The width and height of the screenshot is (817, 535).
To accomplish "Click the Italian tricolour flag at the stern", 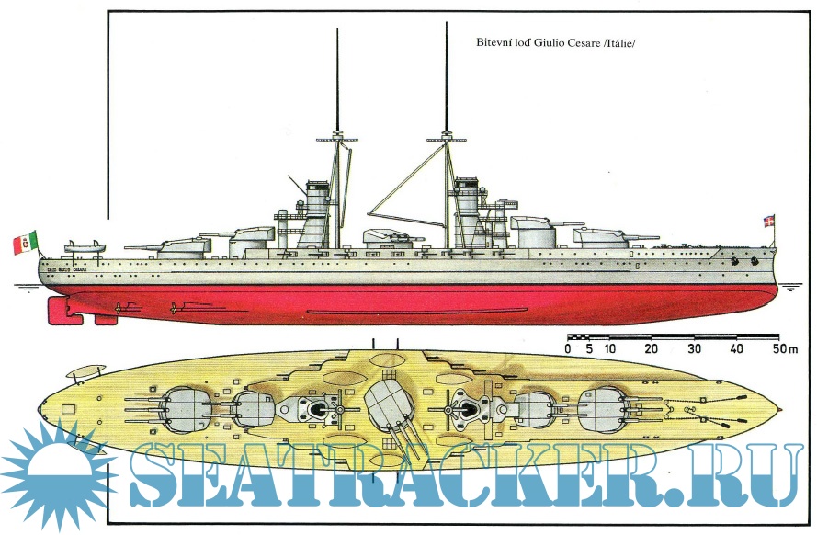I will tap(25, 244).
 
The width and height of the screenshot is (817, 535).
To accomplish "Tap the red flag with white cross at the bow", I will tap(769, 222).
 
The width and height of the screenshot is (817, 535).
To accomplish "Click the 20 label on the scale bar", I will tap(651, 349).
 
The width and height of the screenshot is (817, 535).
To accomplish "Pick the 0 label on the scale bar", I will tap(569, 349).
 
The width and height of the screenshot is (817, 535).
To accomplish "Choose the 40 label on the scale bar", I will tap(737, 349).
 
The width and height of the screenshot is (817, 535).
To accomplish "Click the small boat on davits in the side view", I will tap(85, 246).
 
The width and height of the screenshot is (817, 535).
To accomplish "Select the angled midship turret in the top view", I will tap(389, 404).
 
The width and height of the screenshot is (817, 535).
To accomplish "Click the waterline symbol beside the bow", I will tap(790, 288).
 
